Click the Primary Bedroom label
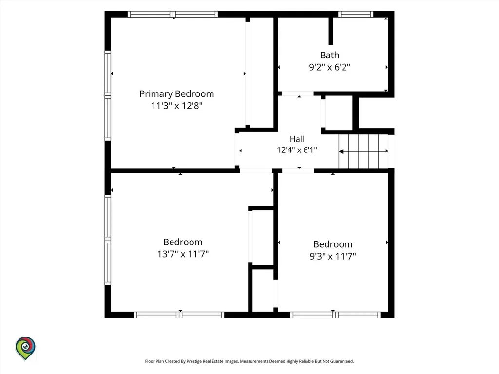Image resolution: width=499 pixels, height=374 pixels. tap(176, 94)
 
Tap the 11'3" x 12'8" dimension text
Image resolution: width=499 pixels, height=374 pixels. tap(176, 106)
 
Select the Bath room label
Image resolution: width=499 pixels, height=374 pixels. tap(330, 56)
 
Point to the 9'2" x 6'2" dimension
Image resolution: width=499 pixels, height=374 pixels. tap(330, 67)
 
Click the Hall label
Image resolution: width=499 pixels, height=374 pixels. tap(297, 139)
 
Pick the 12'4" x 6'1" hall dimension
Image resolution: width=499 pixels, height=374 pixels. tap(297, 150)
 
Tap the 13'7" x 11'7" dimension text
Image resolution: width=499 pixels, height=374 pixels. tap(183, 254)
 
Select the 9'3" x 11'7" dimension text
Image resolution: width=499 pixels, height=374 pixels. tap(333, 256)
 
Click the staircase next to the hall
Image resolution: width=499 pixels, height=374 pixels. tap(364, 151)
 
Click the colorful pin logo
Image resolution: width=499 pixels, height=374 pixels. tap(25, 348)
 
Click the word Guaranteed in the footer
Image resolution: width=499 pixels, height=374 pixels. tap(342, 361)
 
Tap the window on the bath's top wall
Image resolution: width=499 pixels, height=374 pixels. tap(355, 14)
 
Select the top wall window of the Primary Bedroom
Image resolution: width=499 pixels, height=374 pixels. tap(173, 14)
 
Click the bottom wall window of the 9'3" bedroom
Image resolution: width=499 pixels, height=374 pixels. tap(335, 315)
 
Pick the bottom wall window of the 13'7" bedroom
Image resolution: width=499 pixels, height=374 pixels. tap(179, 315)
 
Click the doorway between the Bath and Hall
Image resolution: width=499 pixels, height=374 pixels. tap(298, 93)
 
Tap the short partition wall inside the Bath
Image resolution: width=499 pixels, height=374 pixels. tap(331, 31)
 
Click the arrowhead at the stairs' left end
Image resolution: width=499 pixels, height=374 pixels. tap(341, 151)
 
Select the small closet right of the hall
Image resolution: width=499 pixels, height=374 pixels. tap(339, 113)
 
